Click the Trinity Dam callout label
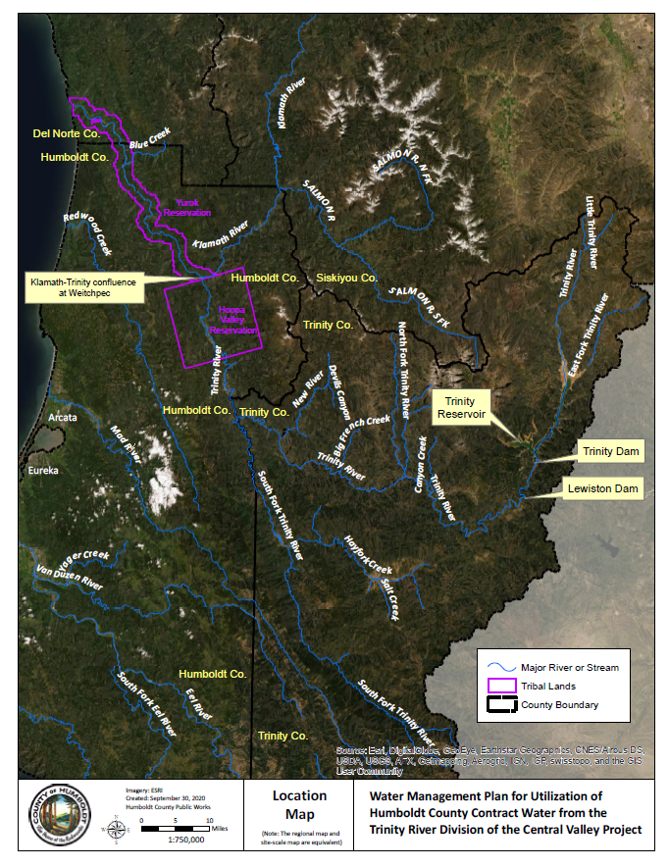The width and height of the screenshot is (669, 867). tap(610, 452)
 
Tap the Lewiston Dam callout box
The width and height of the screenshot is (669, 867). tap(601, 488)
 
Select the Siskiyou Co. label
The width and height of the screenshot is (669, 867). tap(346, 279)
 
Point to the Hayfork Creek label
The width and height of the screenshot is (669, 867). tap(368, 555)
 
